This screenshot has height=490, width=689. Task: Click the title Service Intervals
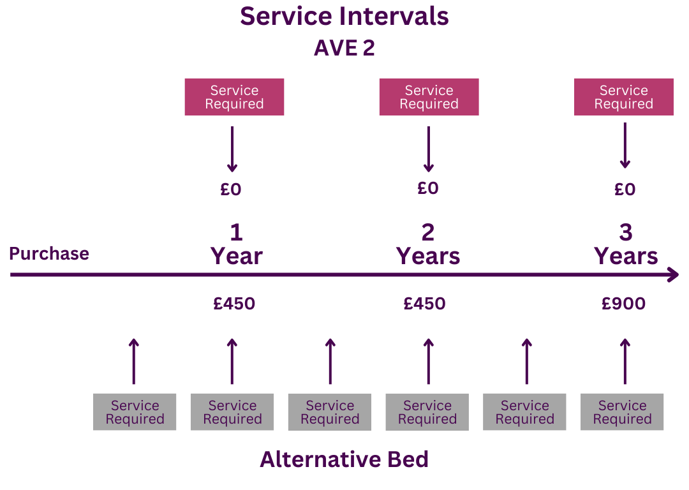(344, 17)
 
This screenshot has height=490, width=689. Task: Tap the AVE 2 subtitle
(344, 48)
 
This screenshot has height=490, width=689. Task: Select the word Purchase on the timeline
(49, 254)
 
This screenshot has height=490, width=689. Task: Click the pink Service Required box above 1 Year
(234, 97)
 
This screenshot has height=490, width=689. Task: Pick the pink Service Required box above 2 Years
(429, 97)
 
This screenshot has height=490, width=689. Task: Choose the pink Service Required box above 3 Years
(623, 97)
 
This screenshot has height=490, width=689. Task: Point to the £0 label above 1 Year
(232, 189)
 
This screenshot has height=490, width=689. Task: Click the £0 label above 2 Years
(428, 188)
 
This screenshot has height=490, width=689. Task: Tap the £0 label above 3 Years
(625, 189)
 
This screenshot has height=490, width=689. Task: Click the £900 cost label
(623, 304)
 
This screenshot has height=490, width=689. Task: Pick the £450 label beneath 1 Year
(234, 304)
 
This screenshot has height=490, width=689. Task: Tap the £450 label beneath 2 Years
(424, 304)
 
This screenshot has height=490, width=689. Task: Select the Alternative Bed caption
(344, 459)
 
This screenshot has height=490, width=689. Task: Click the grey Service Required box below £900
(622, 412)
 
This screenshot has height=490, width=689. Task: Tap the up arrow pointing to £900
(625, 361)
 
